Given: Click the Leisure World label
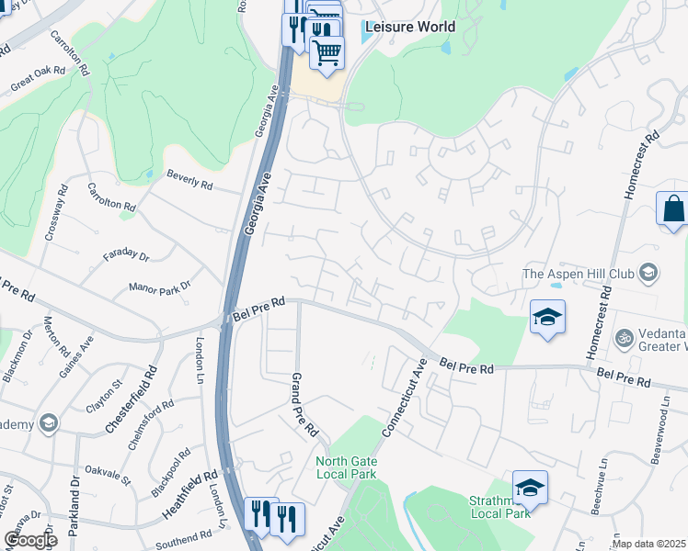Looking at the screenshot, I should pos(409,27).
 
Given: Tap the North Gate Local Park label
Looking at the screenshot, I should pos(346,467).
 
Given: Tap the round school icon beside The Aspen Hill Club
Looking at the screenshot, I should pos(648,272).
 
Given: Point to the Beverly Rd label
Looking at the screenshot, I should pos(189,180).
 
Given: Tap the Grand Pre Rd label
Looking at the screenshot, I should pos(304,404).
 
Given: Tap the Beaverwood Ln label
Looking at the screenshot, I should pos(657,438).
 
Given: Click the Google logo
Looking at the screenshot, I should pos(29,539).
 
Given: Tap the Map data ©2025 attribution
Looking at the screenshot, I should pos(649,544).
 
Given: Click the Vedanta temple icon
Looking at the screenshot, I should pos(625,338).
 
